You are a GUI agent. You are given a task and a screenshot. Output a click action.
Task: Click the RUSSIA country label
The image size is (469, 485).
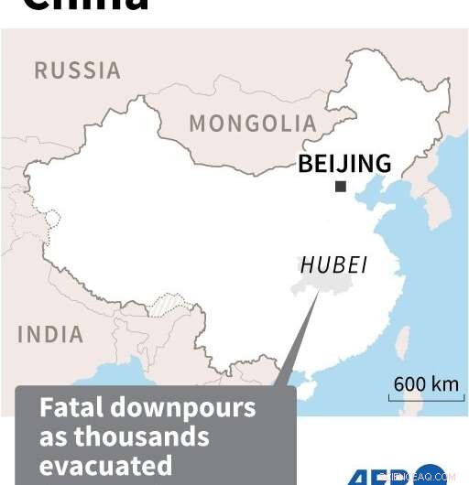coord(77,70)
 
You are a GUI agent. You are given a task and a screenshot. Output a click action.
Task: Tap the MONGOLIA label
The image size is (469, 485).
coord(253,124)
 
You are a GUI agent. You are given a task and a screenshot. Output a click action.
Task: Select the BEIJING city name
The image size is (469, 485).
coord(344,164)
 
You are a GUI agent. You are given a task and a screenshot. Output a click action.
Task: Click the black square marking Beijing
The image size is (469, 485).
coord(341,187)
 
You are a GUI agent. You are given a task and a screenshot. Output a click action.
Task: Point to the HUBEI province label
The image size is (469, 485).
coord(334,265)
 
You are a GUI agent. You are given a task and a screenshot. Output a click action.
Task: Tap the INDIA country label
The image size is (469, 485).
coord(50,335)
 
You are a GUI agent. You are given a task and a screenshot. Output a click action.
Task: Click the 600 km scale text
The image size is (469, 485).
coord(426,383)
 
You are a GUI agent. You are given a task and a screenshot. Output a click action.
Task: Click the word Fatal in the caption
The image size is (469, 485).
coord(70,407)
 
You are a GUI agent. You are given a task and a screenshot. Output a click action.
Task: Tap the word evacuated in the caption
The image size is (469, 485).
coord(105,464)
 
